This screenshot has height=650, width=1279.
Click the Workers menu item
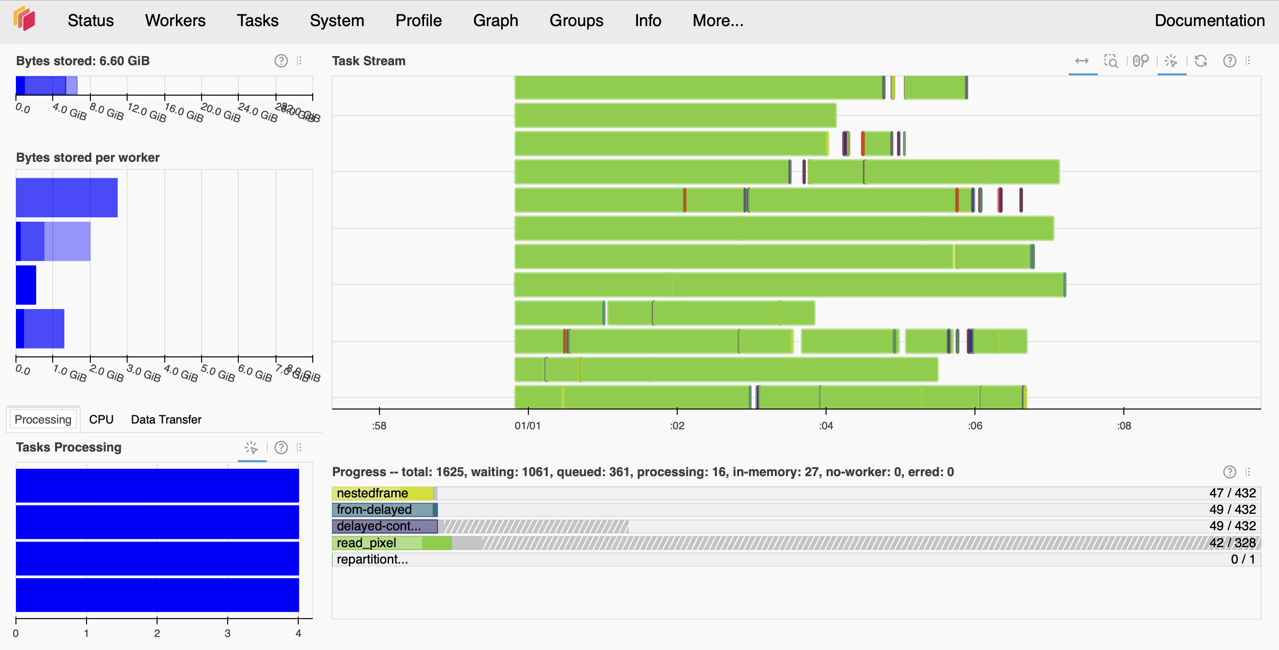click(175, 20)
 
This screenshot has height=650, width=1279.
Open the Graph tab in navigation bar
click(495, 20)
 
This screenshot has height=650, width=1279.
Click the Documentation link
click(1209, 20)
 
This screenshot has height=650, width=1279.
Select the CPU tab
click(102, 419)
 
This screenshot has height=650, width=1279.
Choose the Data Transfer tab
click(166, 419)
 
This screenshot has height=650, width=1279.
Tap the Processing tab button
click(43, 419)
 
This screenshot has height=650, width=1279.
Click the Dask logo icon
click(24, 19)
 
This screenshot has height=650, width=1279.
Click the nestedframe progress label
click(372, 493)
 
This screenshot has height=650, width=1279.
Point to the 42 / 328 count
click(1232, 542)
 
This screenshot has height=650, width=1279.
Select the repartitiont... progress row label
click(372, 559)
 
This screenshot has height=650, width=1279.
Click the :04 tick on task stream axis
click(826, 425)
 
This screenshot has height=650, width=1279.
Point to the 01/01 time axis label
click(527, 425)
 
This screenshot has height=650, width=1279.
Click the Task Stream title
click(368, 60)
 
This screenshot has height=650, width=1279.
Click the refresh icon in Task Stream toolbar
click(1201, 60)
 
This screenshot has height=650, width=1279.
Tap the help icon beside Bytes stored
click(281, 60)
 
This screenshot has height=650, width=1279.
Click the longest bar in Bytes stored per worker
click(67, 198)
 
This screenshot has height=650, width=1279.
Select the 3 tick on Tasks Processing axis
click(227, 633)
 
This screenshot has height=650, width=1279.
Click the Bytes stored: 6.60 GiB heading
click(83, 60)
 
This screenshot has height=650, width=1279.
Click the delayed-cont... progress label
click(378, 526)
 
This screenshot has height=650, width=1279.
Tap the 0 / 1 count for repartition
click(1242, 559)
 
